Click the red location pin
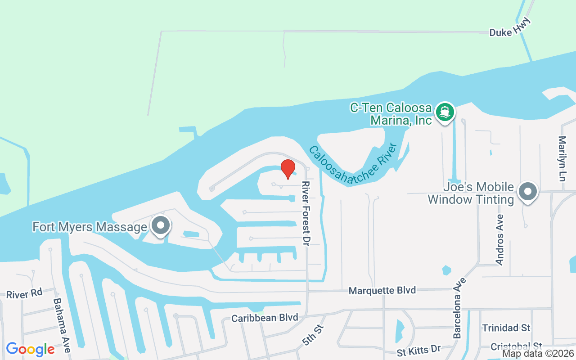(x=288, y=168)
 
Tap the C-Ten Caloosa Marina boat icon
(x=445, y=111)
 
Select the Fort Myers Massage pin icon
(x=160, y=226)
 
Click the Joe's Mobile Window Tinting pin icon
(x=528, y=192)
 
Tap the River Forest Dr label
(x=306, y=213)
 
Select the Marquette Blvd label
(x=382, y=291)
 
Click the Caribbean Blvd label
(x=265, y=318)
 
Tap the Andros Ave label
(x=499, y=239)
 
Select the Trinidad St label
(x=506, y=327)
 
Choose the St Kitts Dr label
(x=418, y=349)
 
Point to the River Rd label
(x=24, y=294)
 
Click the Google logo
(x=30, y=349)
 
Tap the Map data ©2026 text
(x=538, y=354)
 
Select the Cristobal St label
(x=516, y=346)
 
